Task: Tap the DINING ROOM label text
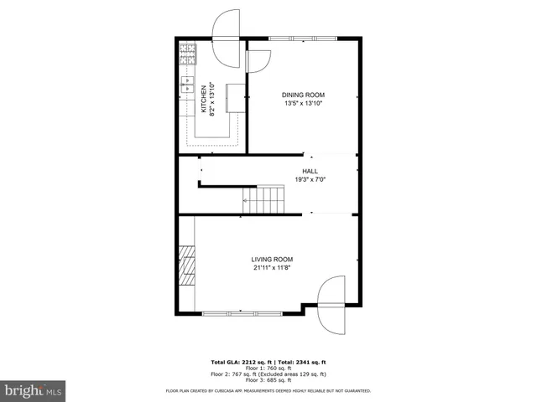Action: [x=303, y=95]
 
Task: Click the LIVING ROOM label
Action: [x=273, y=260]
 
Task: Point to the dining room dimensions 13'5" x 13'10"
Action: [x=303, y=104]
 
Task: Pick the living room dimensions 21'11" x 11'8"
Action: [x=273, y=269]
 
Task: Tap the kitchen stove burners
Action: [x=186, y=55]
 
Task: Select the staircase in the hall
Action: [x=263, y=199]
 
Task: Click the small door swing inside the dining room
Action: [x=258, y=62]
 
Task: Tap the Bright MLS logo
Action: [x=34, y=389]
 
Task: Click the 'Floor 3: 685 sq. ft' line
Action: [x=268, y=379]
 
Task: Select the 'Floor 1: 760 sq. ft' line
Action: [x=268, y=368]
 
